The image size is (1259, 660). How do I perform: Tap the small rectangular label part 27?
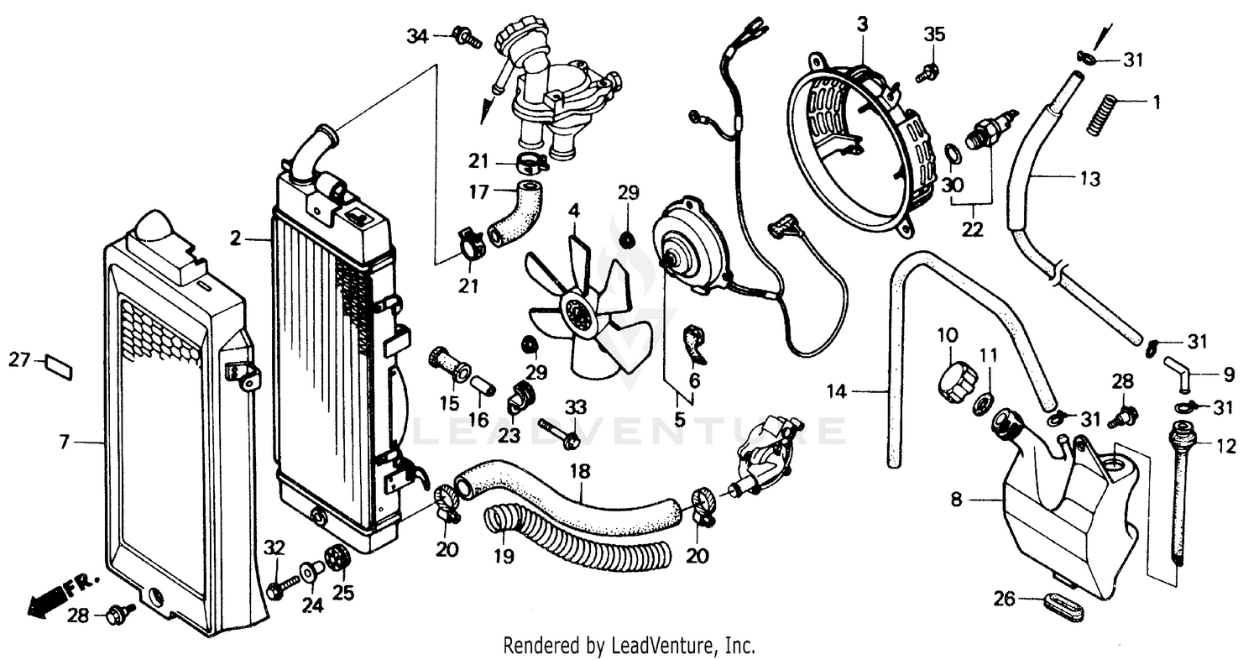pos(59,366)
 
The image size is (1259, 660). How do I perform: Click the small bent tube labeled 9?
pos(1178,371)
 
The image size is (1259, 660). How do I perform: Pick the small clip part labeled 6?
pos(695,345)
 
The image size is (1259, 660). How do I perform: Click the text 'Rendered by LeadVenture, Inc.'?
pos(629,646)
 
